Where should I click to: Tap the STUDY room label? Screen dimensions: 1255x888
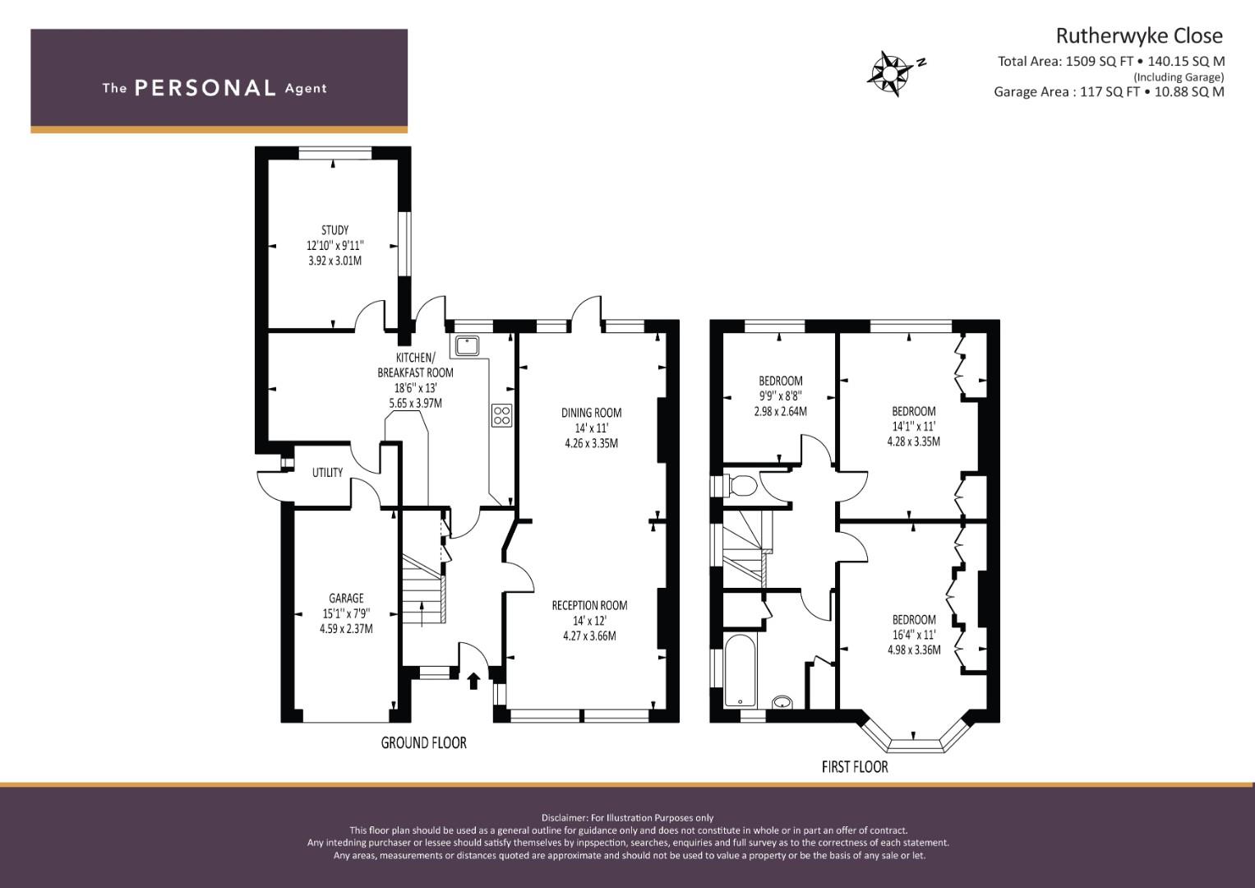pyautogui.click(x=335, y=230)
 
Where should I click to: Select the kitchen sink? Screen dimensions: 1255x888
pyautogui.click(x=466, y=346)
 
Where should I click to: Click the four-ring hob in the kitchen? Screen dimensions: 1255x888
pyautogui.click(x=501, y=415)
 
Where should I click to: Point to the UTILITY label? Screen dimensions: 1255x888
pyautogui.click(x=327, y=473)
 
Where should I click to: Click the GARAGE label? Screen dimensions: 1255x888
pyautogui.click(x=346, y=599)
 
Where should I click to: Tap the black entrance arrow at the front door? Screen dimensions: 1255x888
pyautogui.click(x=474, y=681)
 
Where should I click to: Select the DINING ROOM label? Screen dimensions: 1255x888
pyautogui.click(x=591, y=413)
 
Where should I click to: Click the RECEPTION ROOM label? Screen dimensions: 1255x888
pyautogui.click(x=589, y=605)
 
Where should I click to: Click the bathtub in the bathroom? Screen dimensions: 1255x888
pyautogui.click(x=741, y=669)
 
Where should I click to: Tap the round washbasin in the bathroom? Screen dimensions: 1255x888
pyautogui.click(x=782, y=702)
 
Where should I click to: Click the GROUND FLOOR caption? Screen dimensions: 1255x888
pyautogui.click(x=423, y=742)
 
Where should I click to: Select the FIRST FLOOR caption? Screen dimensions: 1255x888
pyautogui.click(x=855, y=766)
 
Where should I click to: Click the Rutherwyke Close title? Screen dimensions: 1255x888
pyautogui.click(x=1139, y=36)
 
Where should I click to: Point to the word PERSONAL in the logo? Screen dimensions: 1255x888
pyautogui.click(x=205, y=88)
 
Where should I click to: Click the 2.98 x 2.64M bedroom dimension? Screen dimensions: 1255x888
pyautogui.click(x=781, y=411)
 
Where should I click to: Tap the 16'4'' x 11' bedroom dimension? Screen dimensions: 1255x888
pyautogui.click(x=914, y=635)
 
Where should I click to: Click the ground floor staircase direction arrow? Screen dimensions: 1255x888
pyautogui.click(x=422, y=613)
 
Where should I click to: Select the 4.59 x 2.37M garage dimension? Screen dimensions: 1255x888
pyautogui.click(x=346, y=629)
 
